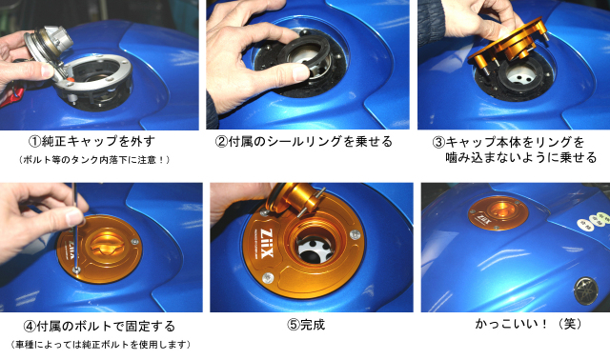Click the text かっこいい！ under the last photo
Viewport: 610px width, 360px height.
[x=505, y=324]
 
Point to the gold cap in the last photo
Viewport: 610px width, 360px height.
[x=498, y=214]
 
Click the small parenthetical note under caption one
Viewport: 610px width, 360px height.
[x=93, y=159]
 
